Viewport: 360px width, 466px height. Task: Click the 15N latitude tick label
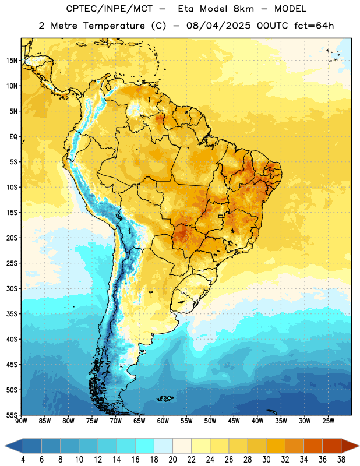12,61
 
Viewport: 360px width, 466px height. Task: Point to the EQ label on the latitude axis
13,137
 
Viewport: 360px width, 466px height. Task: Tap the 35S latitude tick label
12,314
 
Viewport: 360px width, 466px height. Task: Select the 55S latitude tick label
12,415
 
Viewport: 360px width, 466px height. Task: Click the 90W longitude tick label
21,421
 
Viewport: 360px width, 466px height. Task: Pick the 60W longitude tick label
163,421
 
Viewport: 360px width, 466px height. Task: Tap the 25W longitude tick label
328,421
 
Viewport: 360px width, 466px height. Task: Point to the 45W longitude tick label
234,421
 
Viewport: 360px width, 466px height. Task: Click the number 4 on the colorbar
23,460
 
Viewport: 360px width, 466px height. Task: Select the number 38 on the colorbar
341,460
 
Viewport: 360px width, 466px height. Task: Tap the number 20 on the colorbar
172,460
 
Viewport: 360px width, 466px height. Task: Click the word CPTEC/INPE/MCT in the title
110,9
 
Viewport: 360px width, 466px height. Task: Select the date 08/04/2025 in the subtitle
219,26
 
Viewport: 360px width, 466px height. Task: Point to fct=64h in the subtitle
314,26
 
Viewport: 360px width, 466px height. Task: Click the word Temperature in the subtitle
114,26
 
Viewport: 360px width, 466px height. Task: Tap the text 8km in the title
243,9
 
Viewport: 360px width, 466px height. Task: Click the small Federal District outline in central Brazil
221,216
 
